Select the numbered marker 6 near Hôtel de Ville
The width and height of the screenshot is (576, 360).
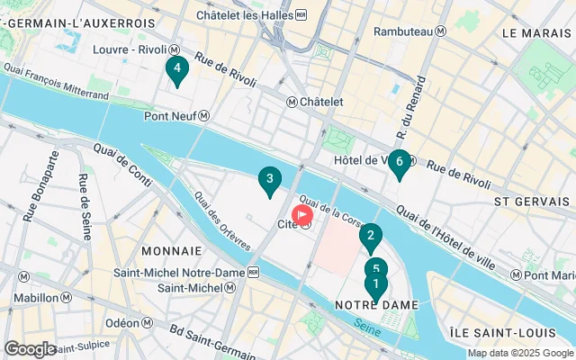[400, 163]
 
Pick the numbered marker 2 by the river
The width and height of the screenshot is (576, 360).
[370, 237]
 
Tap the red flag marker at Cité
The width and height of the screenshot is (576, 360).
[303, 214]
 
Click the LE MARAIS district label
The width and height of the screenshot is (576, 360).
[538, 32]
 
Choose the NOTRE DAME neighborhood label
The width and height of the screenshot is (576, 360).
[377, 305]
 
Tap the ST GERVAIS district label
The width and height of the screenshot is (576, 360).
[527, 202]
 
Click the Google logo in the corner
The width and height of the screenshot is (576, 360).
[30, 348]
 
